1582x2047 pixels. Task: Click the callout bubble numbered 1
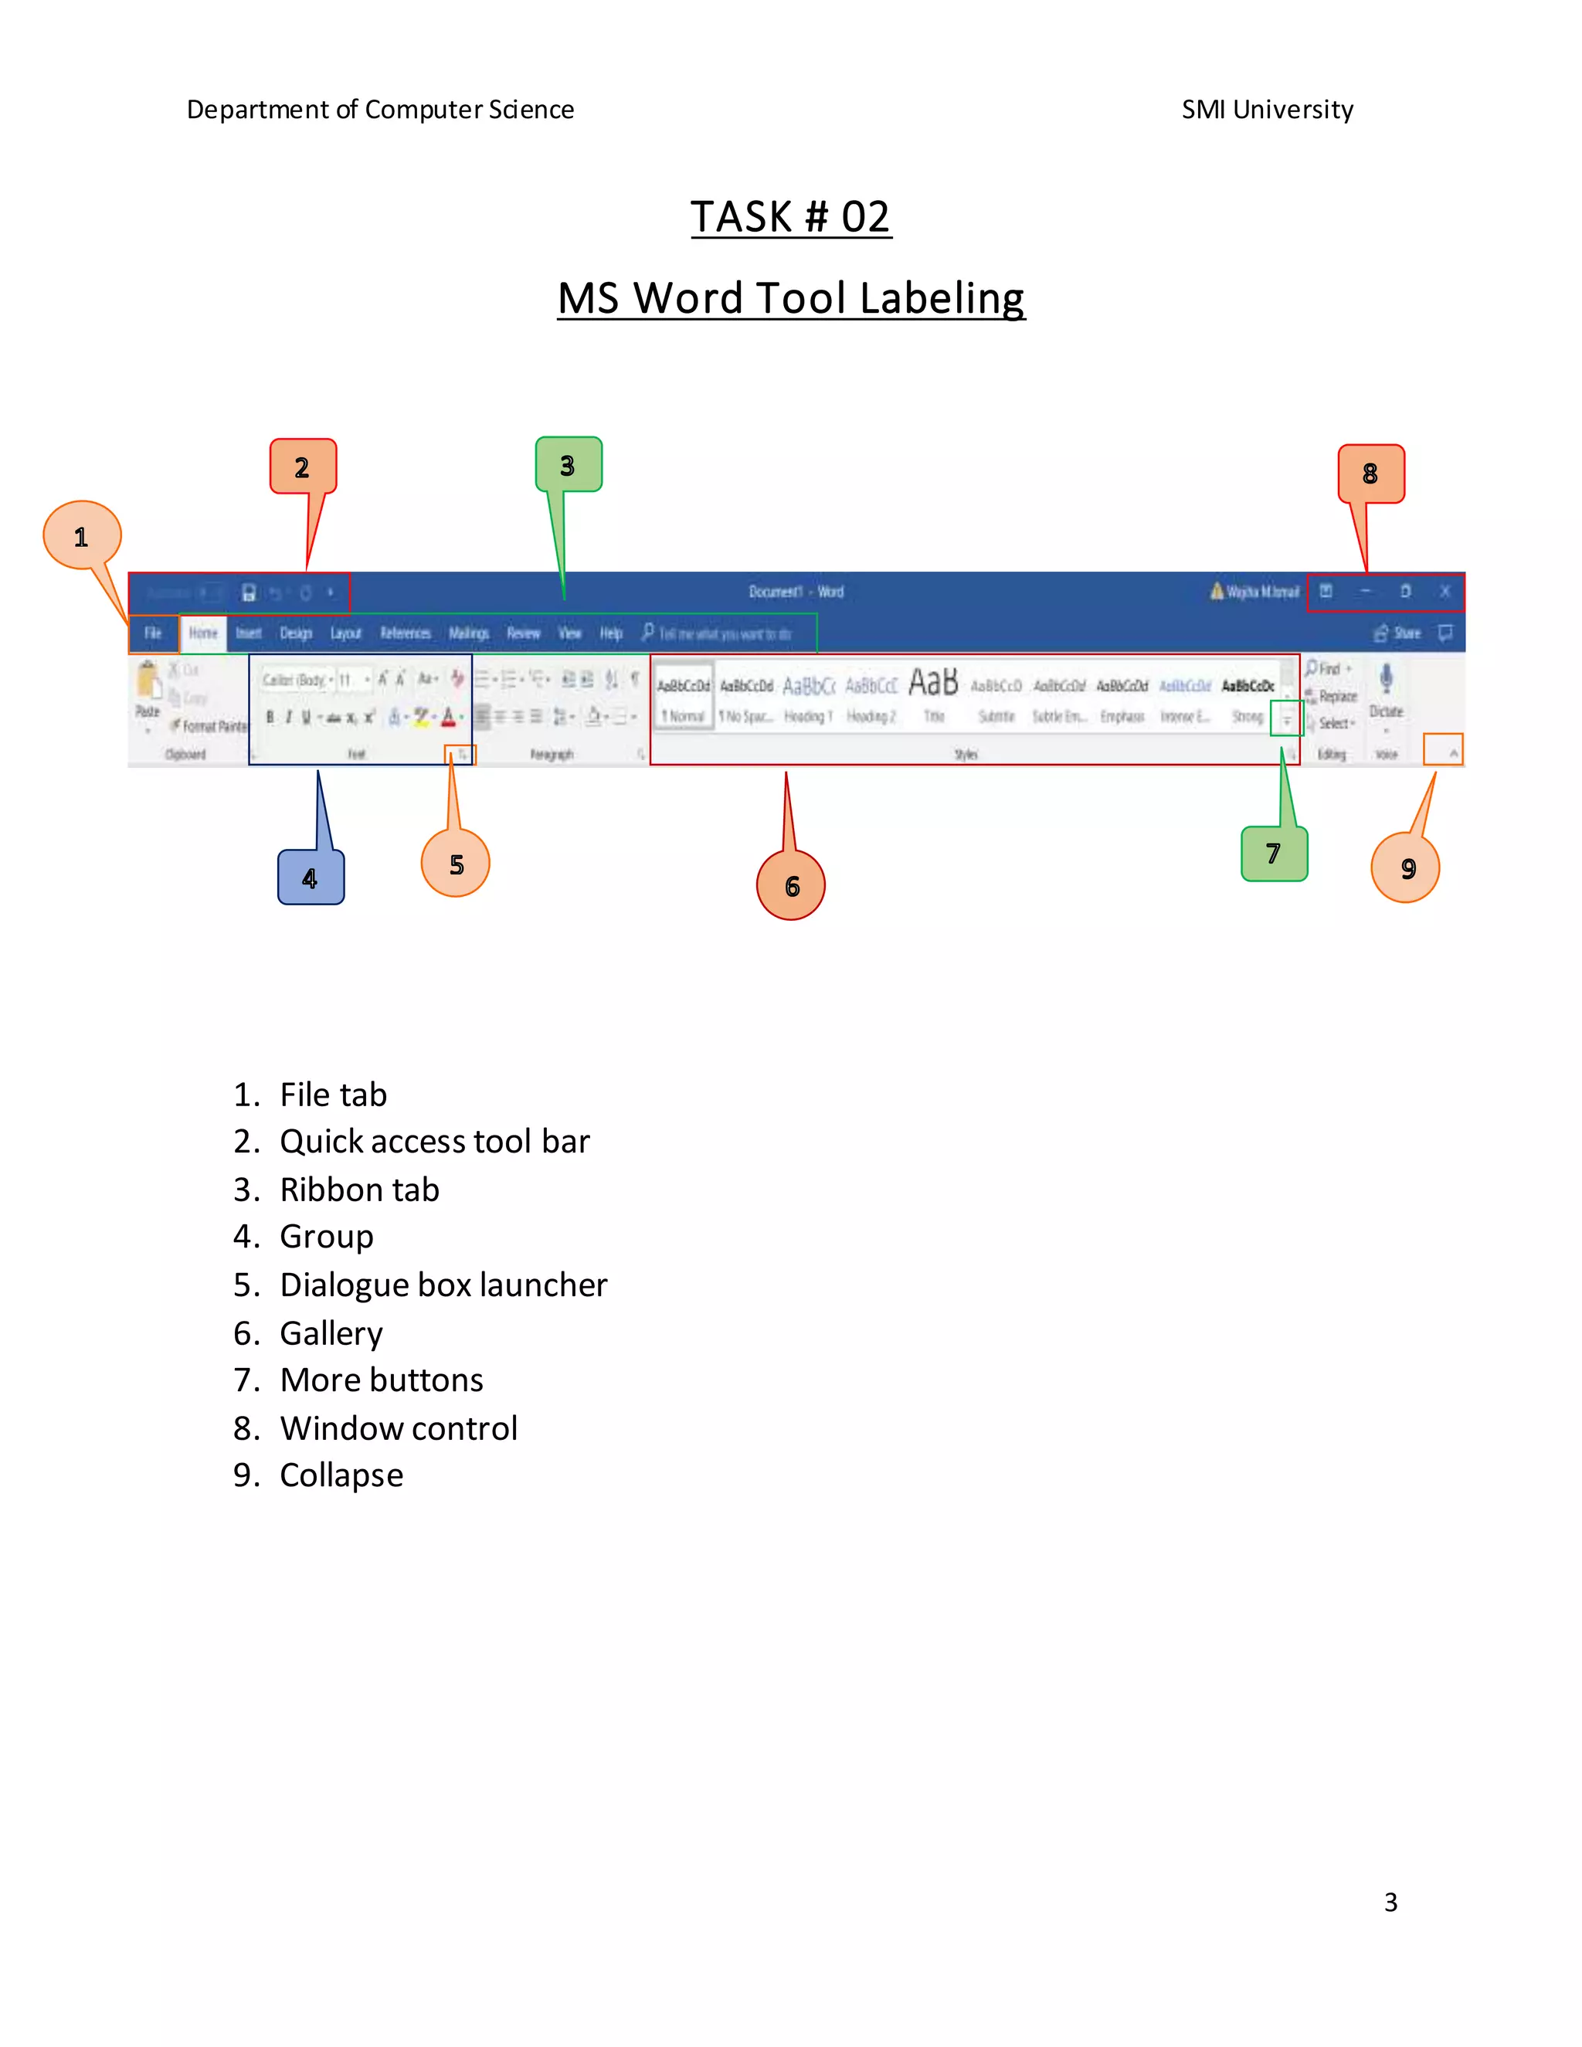82,536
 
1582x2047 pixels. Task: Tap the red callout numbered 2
302,467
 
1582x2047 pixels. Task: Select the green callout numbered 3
568,465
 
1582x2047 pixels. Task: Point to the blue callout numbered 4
311,878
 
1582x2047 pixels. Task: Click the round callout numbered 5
457,864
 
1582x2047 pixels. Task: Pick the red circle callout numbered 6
792,886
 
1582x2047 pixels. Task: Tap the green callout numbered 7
1274,853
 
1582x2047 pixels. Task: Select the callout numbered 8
1370,474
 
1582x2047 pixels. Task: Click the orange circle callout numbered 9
1407,869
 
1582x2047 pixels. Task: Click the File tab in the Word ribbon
153,633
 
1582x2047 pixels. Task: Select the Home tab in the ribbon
202,633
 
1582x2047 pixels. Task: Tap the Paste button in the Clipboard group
148,690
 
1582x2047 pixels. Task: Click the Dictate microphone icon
1386,678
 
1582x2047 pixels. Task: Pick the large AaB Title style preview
933,684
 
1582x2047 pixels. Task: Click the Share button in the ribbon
1398,633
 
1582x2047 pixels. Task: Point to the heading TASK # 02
791,218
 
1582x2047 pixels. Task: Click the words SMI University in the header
1267,110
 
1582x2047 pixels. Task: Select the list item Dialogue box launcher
443,1285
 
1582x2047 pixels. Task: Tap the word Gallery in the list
331,1332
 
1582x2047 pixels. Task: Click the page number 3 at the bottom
1390,1902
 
